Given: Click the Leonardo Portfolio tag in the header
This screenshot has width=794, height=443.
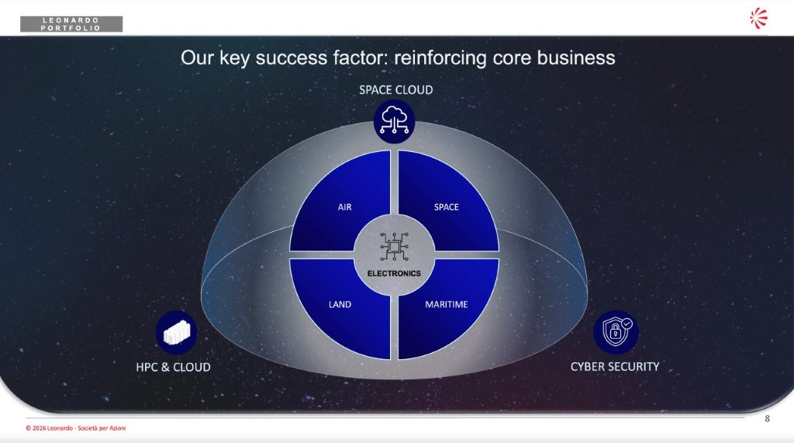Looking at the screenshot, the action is point(71,24).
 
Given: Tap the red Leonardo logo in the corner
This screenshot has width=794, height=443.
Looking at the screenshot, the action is point(758,19).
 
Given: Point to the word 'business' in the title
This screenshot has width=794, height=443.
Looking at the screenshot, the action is point(576,57).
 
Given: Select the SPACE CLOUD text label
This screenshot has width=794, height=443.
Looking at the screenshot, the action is point(396,90).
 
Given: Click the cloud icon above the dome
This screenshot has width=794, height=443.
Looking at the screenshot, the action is point(395,121).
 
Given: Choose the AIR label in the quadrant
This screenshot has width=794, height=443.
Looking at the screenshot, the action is point(345,207).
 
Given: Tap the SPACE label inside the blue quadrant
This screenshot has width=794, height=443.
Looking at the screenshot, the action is point(446,207).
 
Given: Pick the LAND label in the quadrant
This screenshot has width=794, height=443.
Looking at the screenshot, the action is point(340,305).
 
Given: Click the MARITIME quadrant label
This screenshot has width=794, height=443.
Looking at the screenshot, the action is point(446,305).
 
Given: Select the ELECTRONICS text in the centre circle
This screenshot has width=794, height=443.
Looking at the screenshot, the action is point(394,274).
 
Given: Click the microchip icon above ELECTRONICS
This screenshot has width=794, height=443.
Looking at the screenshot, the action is point(394,247).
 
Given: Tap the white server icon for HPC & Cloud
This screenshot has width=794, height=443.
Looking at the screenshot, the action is point(176,333).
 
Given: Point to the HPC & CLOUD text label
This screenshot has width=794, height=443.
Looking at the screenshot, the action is point(173,367).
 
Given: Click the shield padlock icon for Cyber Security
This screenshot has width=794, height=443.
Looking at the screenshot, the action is point(616,332).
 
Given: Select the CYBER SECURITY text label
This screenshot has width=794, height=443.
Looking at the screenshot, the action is point(615,366).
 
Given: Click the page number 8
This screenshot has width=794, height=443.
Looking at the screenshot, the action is point(767,419).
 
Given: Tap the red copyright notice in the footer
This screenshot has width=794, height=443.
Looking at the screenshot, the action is point(76,427).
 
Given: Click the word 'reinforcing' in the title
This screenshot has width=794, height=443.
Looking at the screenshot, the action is point(440,57).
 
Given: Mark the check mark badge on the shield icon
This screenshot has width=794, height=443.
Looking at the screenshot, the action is point(627,323).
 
